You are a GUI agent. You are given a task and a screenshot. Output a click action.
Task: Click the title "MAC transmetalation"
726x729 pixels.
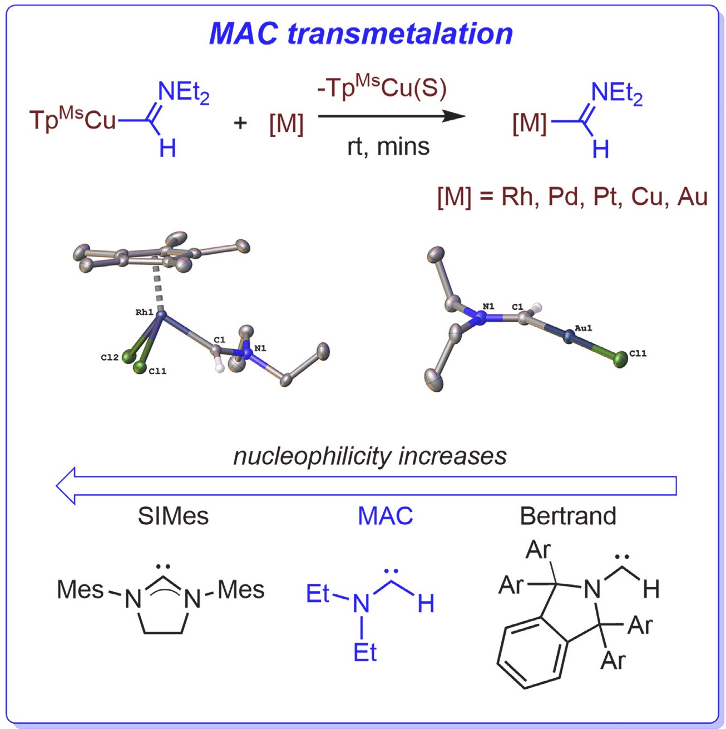(360, 33)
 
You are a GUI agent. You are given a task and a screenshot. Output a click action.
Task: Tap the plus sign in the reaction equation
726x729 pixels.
(240, 122)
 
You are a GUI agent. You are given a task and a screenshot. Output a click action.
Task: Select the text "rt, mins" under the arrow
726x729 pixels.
(388, 147)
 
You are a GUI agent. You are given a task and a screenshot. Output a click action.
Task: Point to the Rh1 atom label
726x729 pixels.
(144, 313)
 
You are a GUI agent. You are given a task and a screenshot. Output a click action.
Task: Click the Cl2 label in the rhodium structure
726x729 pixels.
(110, 358)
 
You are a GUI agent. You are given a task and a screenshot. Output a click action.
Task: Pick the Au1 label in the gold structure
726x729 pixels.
(583, 328)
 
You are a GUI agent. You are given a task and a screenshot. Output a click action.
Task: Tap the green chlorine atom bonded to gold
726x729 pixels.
(619, 360)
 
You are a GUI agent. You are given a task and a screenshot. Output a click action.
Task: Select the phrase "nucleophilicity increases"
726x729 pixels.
(370, 456)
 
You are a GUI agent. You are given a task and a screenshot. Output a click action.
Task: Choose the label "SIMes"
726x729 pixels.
(173, 516)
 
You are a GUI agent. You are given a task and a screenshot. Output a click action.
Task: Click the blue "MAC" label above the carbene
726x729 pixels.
(385, 516)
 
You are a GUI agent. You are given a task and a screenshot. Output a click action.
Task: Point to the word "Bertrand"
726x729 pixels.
(568, 516)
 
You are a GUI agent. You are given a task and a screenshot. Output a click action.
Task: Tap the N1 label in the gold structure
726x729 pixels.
(488, 307)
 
